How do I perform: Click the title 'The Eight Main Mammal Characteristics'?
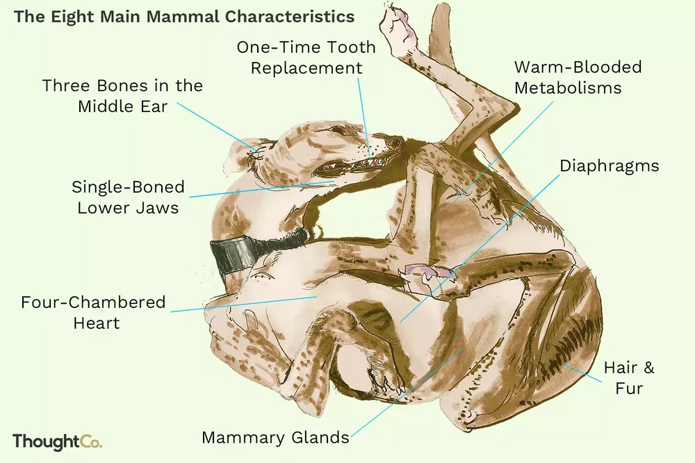coord(184,17)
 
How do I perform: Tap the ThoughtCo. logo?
coord(57,441)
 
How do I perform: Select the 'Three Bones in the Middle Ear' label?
coord(122,96)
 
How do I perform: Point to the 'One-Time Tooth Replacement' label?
coord(306,58)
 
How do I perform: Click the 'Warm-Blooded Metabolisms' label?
coord(578,77)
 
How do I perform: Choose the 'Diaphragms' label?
coord(610,166)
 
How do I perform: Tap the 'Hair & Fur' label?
coord(629,378)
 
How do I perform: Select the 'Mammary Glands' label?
coord(275,438)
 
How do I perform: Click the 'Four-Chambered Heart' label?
coord(93,312)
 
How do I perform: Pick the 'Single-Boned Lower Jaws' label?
coord(128,197)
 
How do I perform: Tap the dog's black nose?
coord(393,143)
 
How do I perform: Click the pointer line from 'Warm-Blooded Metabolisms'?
coord(503,152)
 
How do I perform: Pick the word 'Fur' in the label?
coord(629,388)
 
